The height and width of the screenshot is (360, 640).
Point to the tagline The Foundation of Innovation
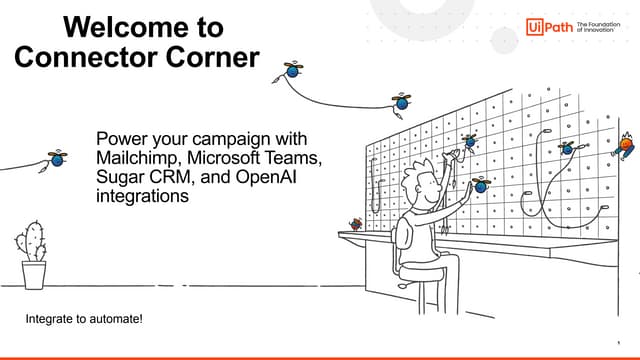pos(599,27)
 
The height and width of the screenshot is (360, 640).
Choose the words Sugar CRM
pos(142,178)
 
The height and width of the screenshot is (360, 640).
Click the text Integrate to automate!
pos(84,319)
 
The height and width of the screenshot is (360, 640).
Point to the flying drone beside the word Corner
pos(293,71)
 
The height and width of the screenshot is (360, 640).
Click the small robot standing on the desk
pos(354,226)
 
